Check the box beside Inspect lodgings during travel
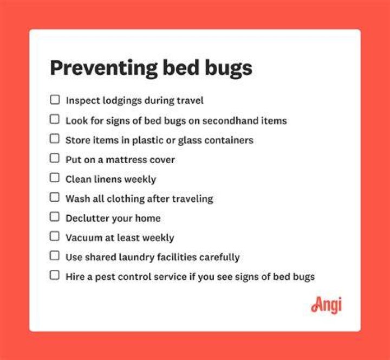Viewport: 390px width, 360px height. click(55, 100)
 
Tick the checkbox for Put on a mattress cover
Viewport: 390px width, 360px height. click(55, 158)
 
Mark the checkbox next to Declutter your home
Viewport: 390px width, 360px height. click(55, 217)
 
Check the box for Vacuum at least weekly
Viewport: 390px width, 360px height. click(55, 236)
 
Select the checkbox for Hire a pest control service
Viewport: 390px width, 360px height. click(55, 275)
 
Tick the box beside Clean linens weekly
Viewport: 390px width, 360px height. click(55, 178)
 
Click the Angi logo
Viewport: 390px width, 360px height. click(326, 305)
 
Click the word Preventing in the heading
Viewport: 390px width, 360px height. click(103, 68)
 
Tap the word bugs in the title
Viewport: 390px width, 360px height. click(229, 68)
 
